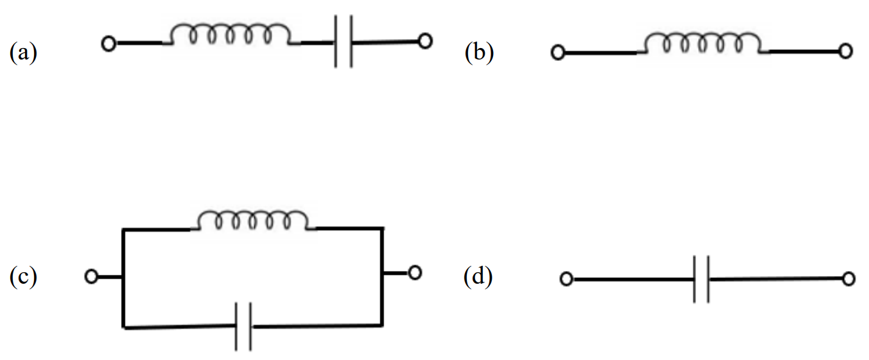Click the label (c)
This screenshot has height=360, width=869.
point(24,277)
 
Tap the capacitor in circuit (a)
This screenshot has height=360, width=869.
point(343,43)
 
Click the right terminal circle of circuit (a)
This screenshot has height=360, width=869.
point(425,42)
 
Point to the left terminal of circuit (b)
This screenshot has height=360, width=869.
point(558,53)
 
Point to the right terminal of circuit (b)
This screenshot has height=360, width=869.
point(845,52)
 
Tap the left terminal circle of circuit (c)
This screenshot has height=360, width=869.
point(92,277)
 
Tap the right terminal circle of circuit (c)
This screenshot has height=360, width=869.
point(415,273)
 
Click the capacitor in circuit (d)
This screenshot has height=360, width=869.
point(702,279)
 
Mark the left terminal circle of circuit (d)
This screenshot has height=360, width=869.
point(566,279)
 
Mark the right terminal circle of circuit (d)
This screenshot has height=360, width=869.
point(849,279)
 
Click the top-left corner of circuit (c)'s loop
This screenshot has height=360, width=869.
point(123,229)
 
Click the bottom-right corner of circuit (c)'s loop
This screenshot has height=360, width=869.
point(382,325)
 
